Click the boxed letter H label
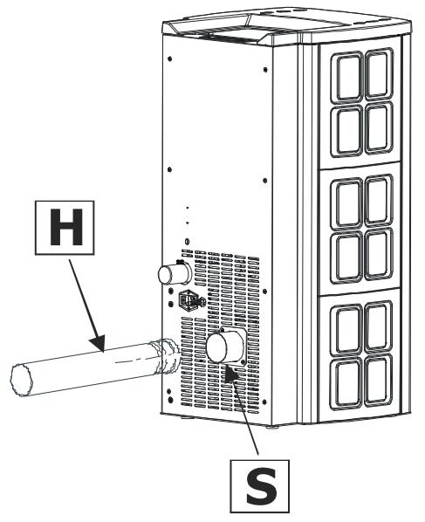coord(65,228)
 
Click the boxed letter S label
coord(260,485)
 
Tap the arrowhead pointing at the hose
coord(99,343)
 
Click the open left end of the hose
coord(22,381)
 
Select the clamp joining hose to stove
coord(166,356)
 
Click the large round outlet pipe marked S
coord(226,347)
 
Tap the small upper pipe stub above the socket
coord(175,273)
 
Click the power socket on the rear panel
coord(191,300)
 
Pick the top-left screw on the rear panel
coord(170,59)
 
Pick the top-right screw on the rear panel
coord(265,70)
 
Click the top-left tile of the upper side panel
coord(348,76)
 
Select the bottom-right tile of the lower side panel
coord(378,381)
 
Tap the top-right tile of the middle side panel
coord(379,200)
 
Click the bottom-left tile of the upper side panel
coord(347,131)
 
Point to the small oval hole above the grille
coord(187,241)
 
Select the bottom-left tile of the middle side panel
coord(347,257)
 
